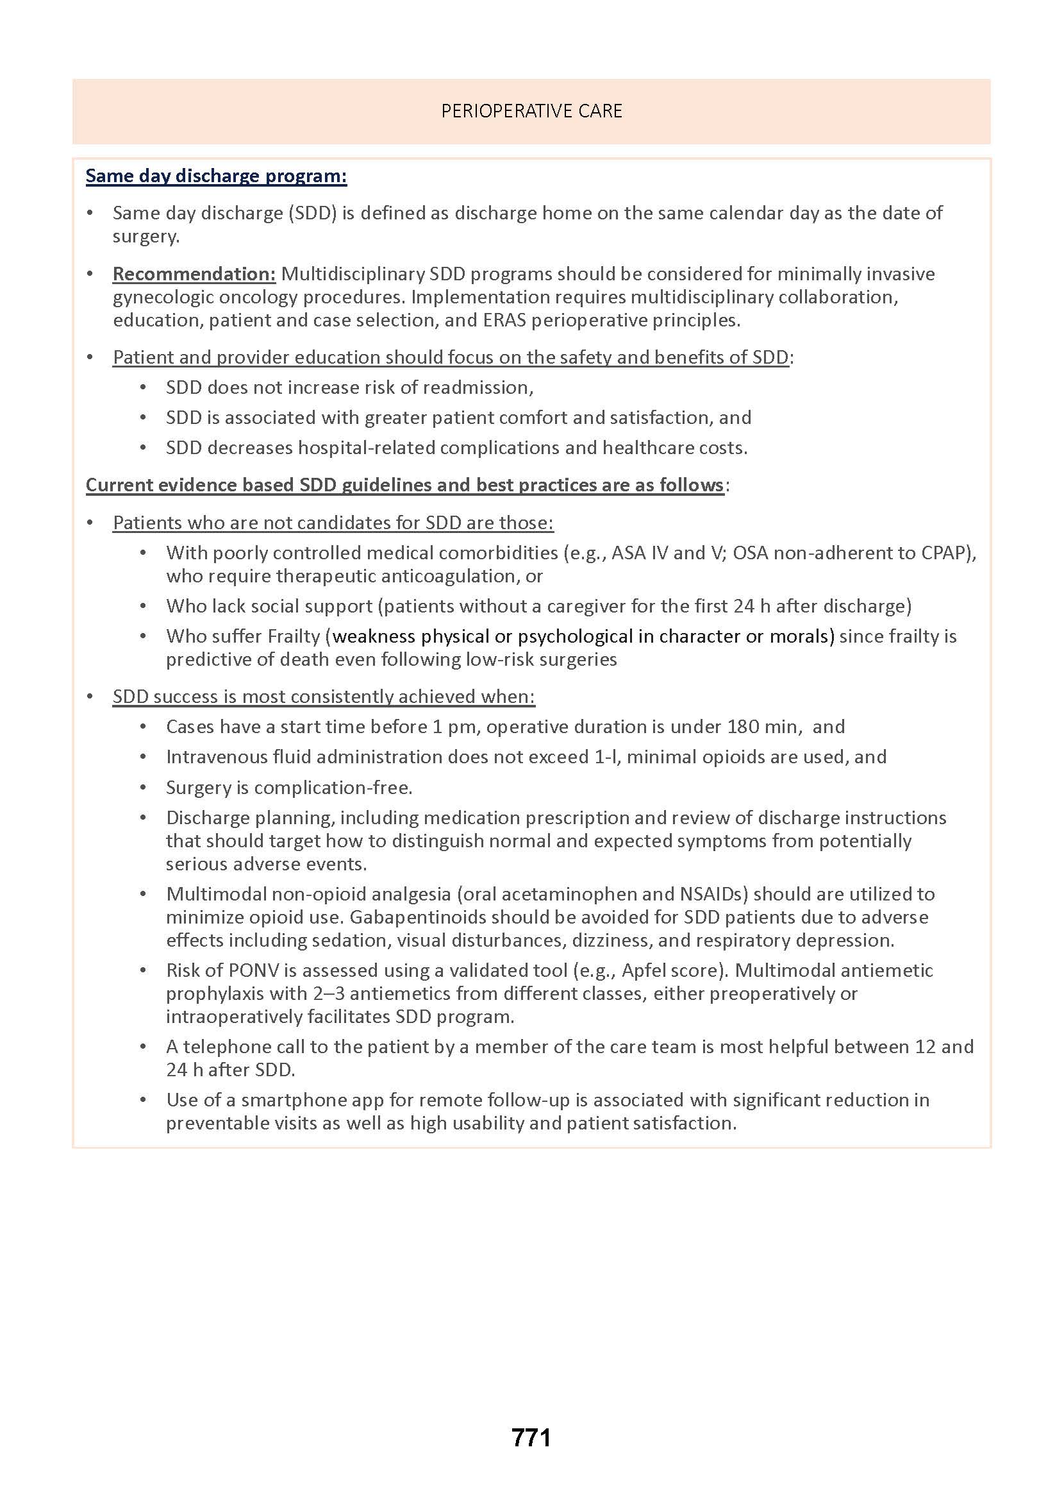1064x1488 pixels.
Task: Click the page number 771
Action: click(531, 1437)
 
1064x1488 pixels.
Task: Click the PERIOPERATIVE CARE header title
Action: click(531, 112)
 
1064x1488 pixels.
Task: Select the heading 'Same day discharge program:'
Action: click(216, 176)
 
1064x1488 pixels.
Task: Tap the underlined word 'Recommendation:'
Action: click(194, 274)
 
